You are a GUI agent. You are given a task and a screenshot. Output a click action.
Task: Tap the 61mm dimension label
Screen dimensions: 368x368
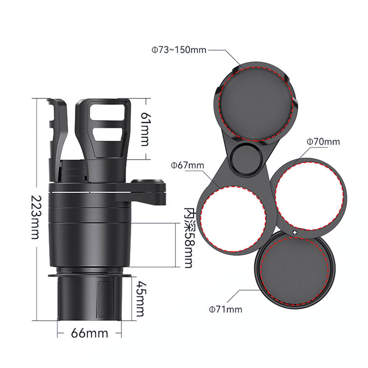[144, 129]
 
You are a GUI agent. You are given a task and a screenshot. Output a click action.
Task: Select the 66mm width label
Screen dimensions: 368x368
[89, 333]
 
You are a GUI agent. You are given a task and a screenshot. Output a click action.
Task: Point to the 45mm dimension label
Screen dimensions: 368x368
[140, 299]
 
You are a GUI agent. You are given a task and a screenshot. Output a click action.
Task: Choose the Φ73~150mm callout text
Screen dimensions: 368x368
[178, 50]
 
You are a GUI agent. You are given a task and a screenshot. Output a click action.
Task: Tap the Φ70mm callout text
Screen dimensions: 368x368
[323, 142]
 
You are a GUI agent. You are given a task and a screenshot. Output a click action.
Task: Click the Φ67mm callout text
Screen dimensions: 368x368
[187, 166]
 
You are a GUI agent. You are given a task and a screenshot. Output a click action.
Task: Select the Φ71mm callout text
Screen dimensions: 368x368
[225, 309]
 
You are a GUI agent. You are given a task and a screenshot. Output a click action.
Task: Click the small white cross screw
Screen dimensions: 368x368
[295, 233]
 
